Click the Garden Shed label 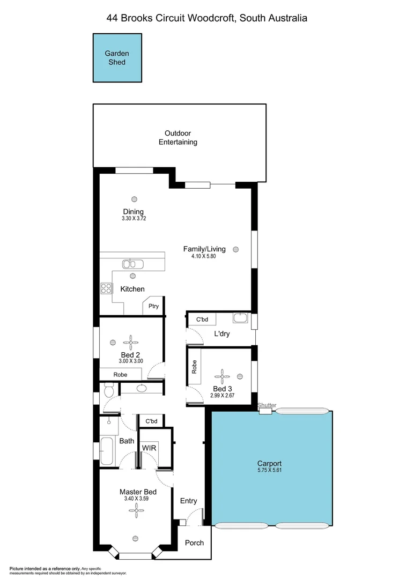click(117, 58)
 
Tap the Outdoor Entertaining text click(177, 138)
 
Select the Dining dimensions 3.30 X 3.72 click(134, 219)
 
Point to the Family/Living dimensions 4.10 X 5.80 click(204, 256)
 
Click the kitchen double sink click(130, 263)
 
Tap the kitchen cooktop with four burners click(106, 288)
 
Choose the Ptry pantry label click(154, 306)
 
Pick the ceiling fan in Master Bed click(134, 511)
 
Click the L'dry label click(223, 334)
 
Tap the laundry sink click(240, 318)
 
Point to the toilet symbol click(108, 391)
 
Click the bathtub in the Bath click(107, 451)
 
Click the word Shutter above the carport click(266, 405)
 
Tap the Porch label click(194, 543)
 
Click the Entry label click(188, 501)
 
